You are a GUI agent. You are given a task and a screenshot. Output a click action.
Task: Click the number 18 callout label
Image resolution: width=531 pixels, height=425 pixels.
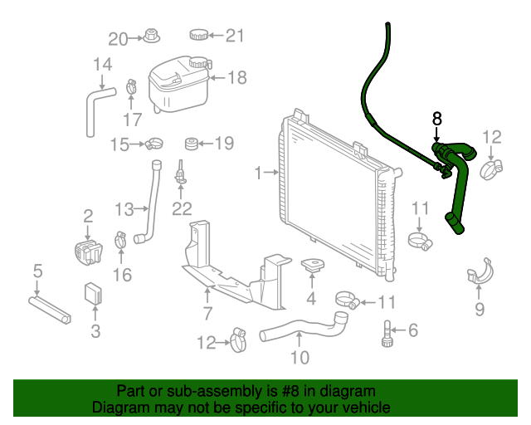click(x=237, y=78)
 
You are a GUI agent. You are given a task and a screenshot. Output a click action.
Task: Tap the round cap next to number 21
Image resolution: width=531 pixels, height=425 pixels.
click(x=199, y=35)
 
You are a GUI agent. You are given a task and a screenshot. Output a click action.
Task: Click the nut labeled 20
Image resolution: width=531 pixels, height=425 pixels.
click(x=151, y=37)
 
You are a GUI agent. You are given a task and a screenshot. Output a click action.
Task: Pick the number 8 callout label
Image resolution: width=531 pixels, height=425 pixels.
click(x=437, y=119)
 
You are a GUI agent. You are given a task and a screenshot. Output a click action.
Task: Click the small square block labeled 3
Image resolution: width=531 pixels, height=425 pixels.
click(x=95, y=293)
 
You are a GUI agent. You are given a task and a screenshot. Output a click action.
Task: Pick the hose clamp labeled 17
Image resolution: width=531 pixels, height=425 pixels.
click(x=132, y=85)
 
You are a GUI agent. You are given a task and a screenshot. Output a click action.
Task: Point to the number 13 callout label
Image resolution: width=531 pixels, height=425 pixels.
click(x=124, y=208)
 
